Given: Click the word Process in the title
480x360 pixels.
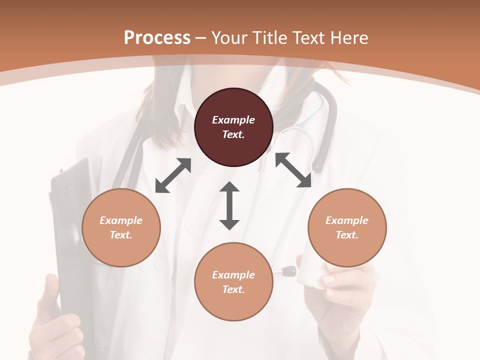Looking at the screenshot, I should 157,38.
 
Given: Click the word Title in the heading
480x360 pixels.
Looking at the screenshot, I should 269,38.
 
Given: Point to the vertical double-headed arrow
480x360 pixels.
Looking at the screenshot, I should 229,205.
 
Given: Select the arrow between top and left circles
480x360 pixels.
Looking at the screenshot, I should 173,175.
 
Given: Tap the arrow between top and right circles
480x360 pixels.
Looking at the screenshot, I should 293,170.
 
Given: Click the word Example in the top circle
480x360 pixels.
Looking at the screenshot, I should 233,120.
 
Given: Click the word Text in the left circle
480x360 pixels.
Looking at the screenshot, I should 121,235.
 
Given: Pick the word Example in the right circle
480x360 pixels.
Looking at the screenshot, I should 347,220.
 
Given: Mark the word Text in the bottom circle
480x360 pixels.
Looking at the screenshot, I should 233,289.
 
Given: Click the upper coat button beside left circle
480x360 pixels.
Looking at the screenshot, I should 190,227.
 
